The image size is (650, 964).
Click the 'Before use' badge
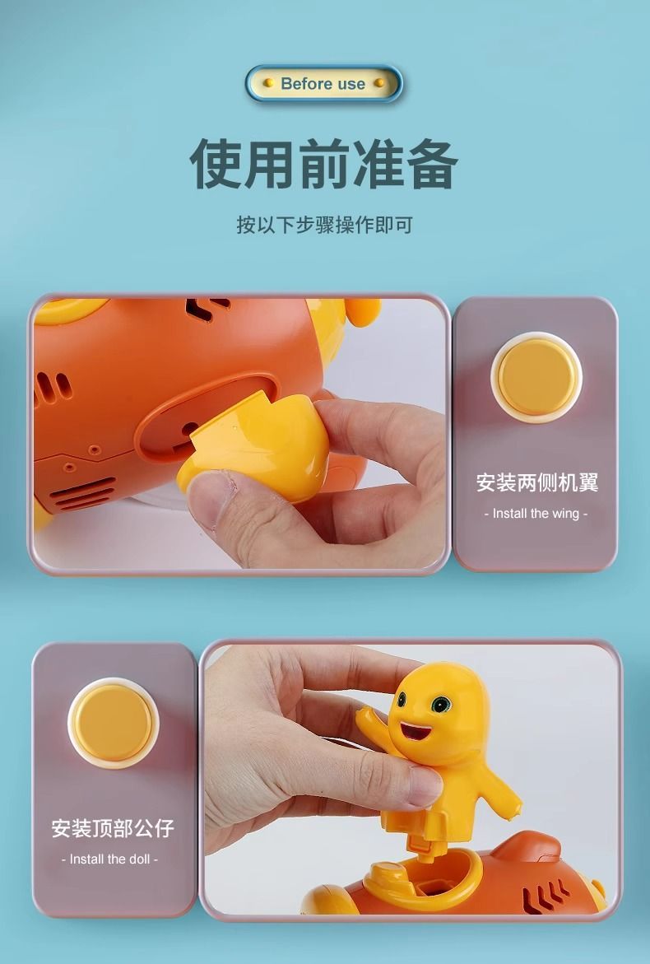[x=324, y=83]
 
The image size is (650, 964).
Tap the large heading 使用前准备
[x=324, y=164]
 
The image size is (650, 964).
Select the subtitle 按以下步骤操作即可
[x=324, y=225]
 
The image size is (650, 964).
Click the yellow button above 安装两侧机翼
[x=536, y=377]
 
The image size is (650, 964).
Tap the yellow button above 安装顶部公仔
[x=113, y=723]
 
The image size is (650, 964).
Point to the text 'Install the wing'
[x=536, y=514]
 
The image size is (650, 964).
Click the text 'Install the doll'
[x=110, y=859]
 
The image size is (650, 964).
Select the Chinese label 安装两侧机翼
[x=536, y=482]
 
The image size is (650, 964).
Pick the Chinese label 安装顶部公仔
[x=113, y=828]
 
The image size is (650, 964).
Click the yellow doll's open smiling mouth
[x=416, y=730]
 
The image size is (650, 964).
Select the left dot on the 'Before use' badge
[x=268, y=82]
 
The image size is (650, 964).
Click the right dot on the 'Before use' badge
[x=379, y=82]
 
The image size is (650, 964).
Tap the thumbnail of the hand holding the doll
[x=425, y=785]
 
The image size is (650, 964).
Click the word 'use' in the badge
[x=351, y=84]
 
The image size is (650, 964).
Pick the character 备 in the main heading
[x=433, y=164]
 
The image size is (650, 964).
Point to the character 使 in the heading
[x=216, y=164]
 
